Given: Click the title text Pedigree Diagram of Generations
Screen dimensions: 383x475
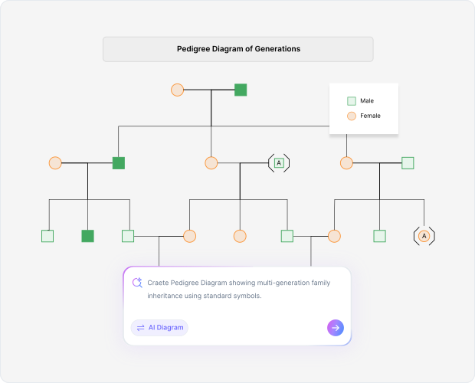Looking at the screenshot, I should [x=237, y=49].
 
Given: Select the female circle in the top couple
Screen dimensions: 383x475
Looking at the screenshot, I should [x=177, y=90].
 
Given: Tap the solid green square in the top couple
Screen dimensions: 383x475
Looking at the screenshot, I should [x=241, y=90].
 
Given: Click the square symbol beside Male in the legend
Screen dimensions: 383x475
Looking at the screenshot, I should [x=352, y=101].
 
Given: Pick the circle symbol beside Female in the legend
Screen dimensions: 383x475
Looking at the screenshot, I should [x=352, y=116].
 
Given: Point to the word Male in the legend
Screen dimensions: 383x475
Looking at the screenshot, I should [x=367, y=101].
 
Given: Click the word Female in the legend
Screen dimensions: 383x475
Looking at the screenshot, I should [x=370, y=116].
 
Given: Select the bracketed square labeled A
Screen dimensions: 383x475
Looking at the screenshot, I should [x=279, y=162].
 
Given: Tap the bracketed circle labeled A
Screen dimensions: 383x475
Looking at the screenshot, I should [x=424, y=236].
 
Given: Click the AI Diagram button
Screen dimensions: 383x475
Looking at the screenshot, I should [x=159, y=328].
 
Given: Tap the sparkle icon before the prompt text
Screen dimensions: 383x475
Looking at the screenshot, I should [x=137, y=283].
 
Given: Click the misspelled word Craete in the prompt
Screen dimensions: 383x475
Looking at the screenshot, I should [x=159, y=283].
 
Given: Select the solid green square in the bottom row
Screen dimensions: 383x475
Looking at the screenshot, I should [x=87, y=236].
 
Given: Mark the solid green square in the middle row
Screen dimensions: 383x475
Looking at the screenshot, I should [x=118, y=162].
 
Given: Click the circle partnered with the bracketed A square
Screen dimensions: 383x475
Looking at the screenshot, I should [x=211, y=162].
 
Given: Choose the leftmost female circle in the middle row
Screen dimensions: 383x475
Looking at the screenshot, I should [x=55, y=162].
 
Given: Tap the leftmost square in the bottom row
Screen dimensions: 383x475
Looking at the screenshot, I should [x=47, y=236].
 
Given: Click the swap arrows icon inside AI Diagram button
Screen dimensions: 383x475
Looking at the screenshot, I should [x=141, y=328].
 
